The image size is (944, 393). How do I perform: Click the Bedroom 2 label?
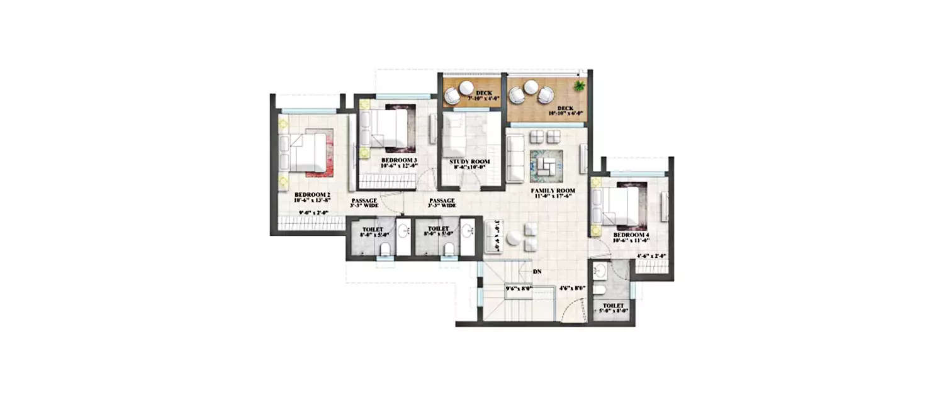[311, 195]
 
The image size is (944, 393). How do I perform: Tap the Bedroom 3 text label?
[399, 160]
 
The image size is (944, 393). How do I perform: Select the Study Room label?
[469, 162]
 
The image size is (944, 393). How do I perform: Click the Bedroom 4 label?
[631, 236]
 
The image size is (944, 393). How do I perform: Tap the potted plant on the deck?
[578, 86]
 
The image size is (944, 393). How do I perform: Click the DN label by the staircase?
[537, 272]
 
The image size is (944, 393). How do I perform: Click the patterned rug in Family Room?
[546, 164]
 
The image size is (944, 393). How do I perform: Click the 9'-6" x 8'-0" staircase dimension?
[519, 289]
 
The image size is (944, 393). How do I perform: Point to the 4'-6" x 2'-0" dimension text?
[651, 256]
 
